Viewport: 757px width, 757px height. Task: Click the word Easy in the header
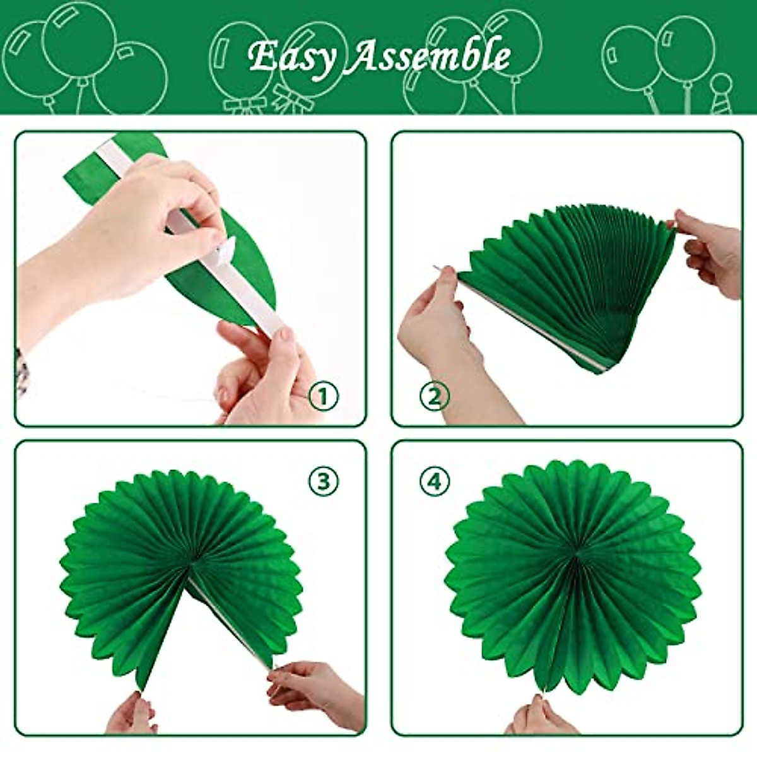291,57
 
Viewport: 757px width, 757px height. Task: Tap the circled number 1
324,397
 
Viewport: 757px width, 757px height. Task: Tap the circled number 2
434,397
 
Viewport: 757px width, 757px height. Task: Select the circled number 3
324,482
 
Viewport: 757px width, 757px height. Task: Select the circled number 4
435,482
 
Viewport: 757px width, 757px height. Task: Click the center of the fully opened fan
576,555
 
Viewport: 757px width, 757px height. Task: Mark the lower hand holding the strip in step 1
265,372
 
